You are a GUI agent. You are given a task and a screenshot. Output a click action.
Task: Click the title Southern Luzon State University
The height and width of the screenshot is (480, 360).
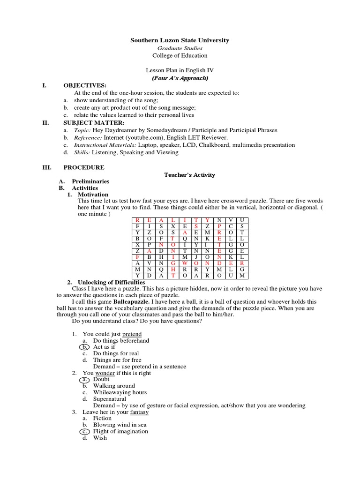coord(180,40)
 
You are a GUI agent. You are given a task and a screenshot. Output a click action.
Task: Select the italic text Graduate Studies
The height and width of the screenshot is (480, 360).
coord(180,48)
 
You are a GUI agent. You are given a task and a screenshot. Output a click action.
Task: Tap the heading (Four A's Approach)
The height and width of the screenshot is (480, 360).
coord(180,78)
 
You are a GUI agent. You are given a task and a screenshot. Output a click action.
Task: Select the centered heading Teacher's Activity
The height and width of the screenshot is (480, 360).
coord(189,175)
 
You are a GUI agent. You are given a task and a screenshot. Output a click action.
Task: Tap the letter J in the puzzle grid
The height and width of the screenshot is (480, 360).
coord(196,257)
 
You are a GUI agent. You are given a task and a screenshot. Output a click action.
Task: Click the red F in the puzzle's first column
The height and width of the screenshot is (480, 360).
coord(137,257)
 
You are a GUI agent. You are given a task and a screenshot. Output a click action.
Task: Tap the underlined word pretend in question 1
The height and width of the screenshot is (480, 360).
coord(132,334)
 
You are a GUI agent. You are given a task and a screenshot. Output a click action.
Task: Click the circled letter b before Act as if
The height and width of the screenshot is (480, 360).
coord(84,347)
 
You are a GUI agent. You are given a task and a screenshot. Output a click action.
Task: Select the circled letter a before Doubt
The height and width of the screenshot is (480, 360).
coord(84,379)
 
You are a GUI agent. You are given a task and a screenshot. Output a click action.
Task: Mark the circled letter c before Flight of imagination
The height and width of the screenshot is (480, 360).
coord(84,431)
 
